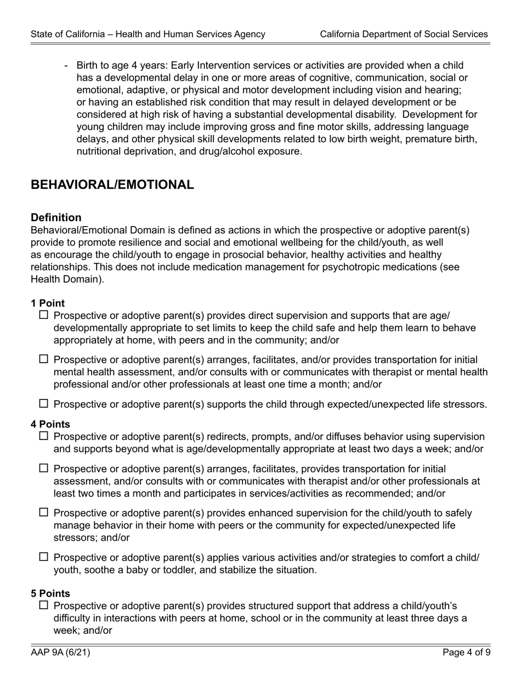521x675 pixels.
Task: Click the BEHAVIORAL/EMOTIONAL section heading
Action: pos(112,185)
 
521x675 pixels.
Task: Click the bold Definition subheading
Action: pos(56,217)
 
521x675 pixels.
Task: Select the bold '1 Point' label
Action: pos(48,303)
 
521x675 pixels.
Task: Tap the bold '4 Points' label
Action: pos(50,424)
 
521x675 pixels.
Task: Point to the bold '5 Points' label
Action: pos(50,593)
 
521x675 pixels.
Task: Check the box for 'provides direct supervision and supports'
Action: pos(44,316)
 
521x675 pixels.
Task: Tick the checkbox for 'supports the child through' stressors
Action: pos(44,404)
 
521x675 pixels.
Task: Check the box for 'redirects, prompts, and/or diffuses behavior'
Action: pos(44,436)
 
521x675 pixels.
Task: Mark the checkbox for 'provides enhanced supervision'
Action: pos(44,513)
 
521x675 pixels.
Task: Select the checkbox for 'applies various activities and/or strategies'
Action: pos(44,557)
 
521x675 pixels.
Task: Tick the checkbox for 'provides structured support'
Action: pos(44,605)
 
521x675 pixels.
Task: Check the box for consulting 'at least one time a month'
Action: pos(44,359)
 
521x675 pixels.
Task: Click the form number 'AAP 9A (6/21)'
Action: pos(61,652)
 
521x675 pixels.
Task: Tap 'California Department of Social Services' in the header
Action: pos(404,34)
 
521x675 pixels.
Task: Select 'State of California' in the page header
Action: pos(68,34)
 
